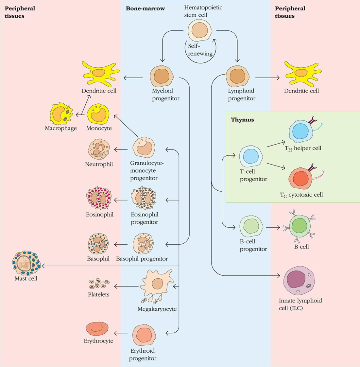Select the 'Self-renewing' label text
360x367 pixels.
[200, 50]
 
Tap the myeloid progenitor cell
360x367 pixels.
[162, 76]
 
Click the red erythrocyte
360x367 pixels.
[97, 329]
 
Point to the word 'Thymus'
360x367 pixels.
[242, 120]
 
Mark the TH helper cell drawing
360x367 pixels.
[300, 131]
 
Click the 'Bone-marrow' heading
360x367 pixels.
[145, 8]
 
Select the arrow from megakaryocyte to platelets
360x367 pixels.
[126, 286]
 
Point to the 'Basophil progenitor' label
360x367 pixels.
[142, 259]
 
